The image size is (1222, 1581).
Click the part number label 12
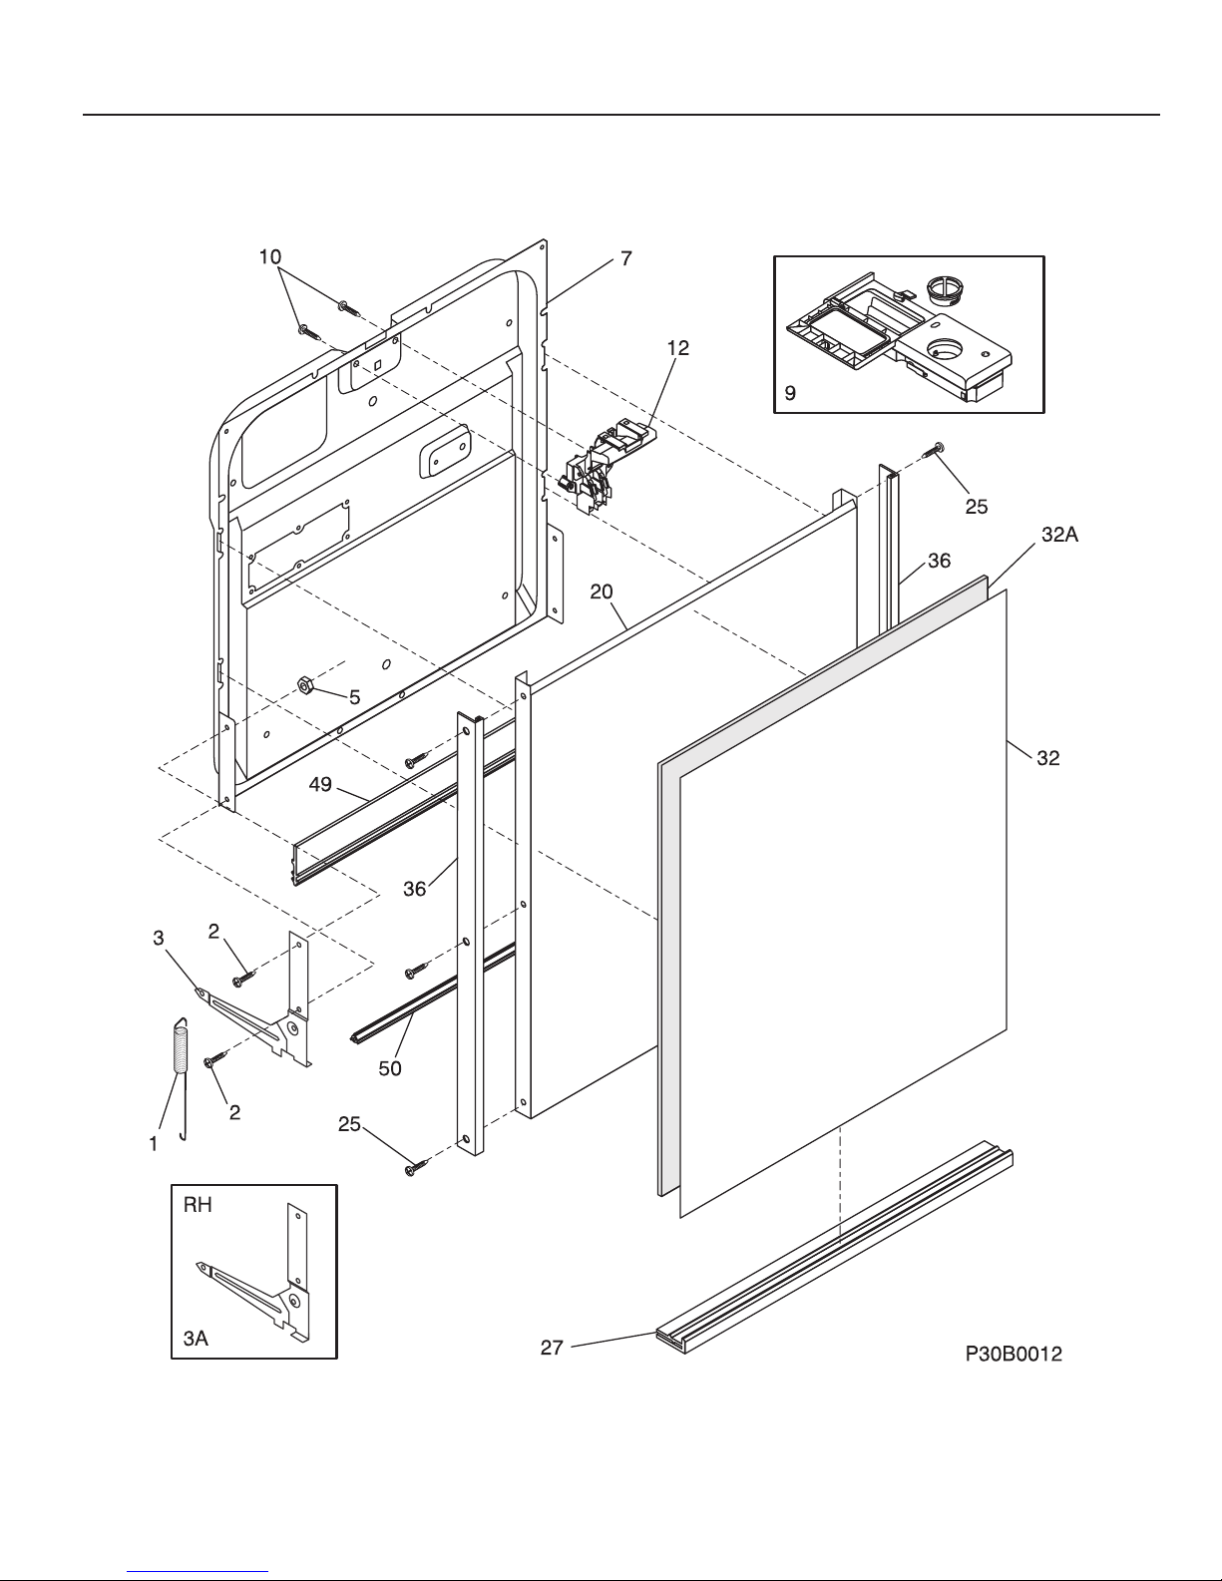pos(678,348)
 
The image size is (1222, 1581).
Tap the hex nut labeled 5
pos(305,684)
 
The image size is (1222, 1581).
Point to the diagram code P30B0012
pos(1014,1354)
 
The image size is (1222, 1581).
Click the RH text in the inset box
pos(198,1205)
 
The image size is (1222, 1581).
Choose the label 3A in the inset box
pos(196,1338)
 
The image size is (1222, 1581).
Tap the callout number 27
pos(552,1348)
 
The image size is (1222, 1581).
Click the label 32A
pos(1059,535)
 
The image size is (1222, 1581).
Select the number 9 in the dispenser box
pos(790,394)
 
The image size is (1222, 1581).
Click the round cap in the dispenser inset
pos(946,288)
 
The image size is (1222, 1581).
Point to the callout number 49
pos(320,784)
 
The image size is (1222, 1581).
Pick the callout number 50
pos(390,1068)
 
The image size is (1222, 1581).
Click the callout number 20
pos(602,592)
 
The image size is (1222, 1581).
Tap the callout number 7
pos(626,258)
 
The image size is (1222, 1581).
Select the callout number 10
pos(270,256)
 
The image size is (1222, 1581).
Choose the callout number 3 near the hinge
pos(159,939)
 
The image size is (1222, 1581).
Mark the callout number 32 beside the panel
pos(1048,758)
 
